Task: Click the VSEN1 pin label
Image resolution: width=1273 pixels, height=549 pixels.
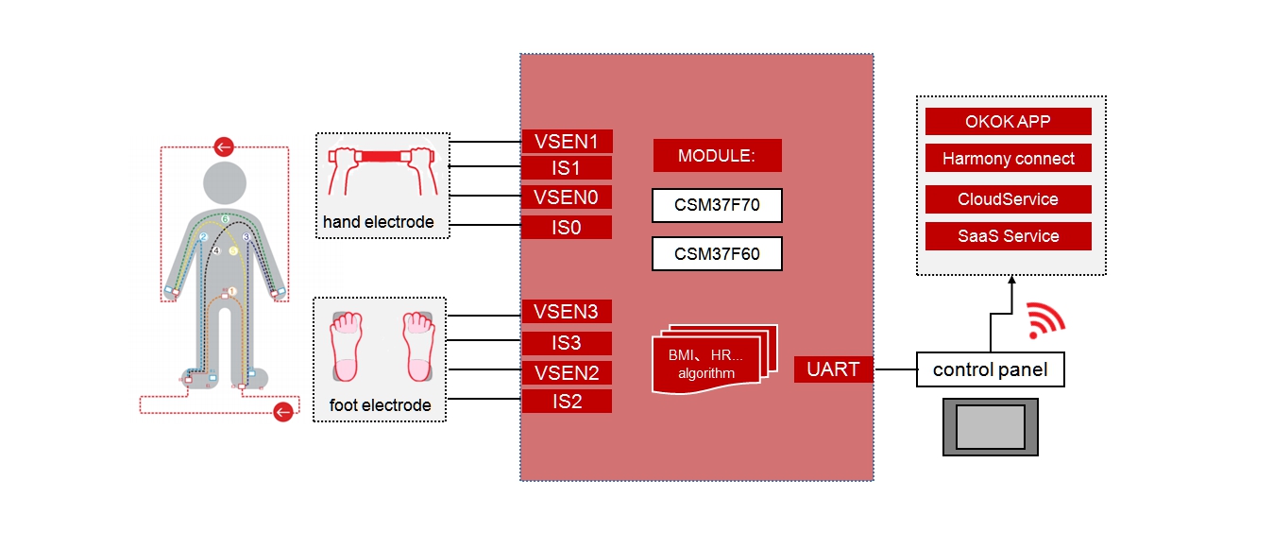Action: coord(567,142)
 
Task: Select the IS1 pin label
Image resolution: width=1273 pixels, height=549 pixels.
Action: coord(567,168)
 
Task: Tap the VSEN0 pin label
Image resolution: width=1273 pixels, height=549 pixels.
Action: coord(567,197)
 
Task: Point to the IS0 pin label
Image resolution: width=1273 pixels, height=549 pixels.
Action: coord(567,227)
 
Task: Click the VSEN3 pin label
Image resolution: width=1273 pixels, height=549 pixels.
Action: coord(567,312)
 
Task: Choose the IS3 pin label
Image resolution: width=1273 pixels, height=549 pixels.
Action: coord(567,343)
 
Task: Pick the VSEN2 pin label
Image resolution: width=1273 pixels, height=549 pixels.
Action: coord(567,372)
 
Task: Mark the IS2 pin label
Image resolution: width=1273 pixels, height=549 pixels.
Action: coord(567,402)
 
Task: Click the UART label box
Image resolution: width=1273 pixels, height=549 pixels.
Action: coord(833,369)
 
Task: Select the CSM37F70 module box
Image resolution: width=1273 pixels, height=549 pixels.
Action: coord(717,205)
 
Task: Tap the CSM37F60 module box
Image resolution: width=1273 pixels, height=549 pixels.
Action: coord(717,254)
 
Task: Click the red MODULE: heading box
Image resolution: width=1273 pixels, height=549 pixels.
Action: coord(717,156)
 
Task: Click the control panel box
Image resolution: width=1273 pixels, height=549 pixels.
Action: coord(990,369)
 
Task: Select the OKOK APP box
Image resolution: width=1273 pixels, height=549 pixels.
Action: coord(1008,122)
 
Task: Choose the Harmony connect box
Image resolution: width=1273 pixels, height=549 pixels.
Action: coord(1008,159)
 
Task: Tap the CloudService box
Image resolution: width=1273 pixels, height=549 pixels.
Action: coord(1008,199)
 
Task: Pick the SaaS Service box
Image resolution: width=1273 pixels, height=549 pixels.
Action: coord(1008,236)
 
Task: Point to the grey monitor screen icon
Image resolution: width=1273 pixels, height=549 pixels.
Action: coord(990,427)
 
